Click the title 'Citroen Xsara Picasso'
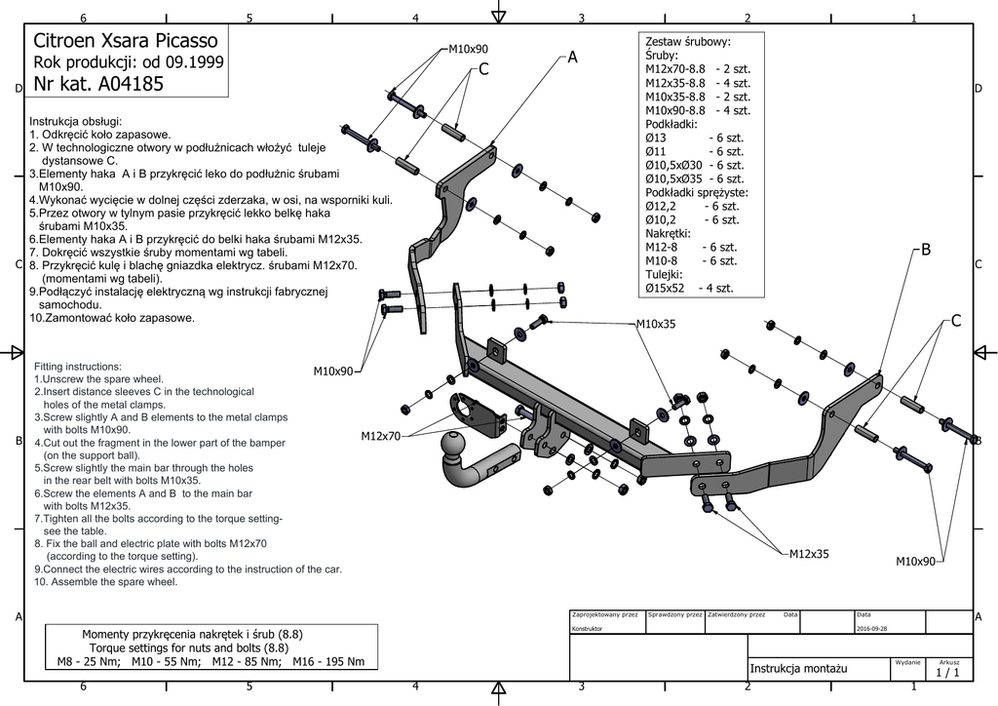[x=126, y=41]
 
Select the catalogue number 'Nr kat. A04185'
[x=98, y=84]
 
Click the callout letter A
[x=572, y=58]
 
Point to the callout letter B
[x=926, y=250]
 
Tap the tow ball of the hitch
[x=455, y=447]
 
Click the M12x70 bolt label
[x=380, y=435]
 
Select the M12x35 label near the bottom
[x=809, y=554]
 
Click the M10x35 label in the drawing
[x=656, y=324]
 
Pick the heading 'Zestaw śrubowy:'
[x=688, y=42]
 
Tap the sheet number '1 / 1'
[x=947, y=672]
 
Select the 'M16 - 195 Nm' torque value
[x=327, y=662]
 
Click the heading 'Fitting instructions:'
[x=77, y=366]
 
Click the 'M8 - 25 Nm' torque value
[x=89, y=662]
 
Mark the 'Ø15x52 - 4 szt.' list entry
[x=689, y=289]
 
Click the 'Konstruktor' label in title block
[x=589, y=629]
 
